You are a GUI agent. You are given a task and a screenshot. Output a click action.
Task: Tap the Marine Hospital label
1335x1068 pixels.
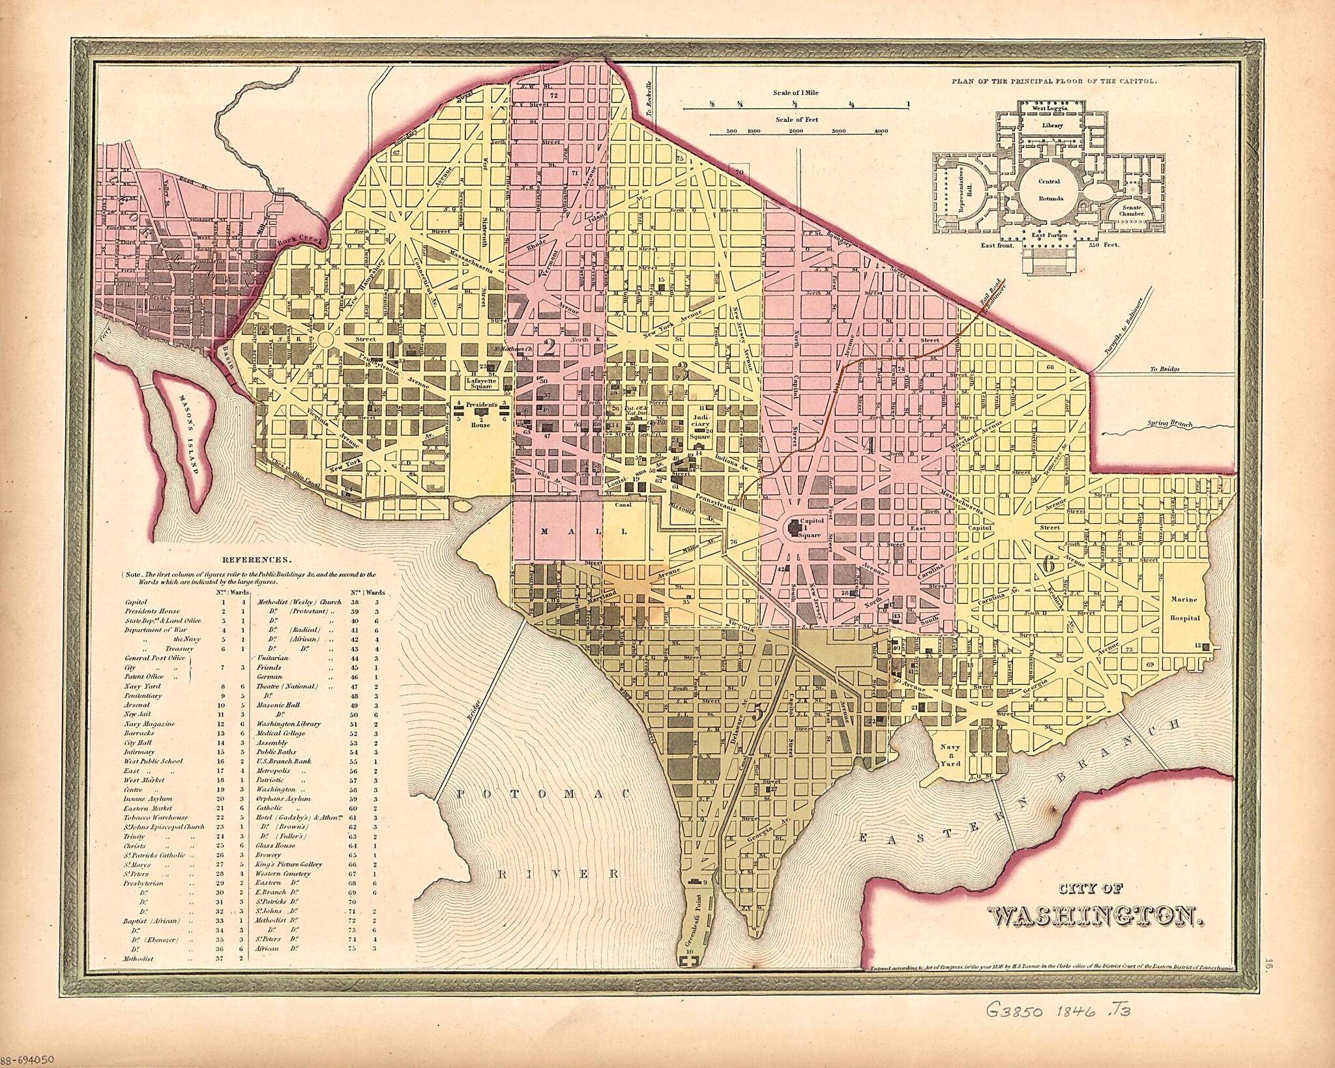[1184, 609]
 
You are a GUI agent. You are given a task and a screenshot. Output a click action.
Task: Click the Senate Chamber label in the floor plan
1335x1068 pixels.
[1131, 209]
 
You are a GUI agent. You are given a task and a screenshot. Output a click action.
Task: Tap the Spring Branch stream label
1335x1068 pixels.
[1169, 424]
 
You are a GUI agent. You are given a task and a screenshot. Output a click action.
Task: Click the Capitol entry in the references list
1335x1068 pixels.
[136, 602]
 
